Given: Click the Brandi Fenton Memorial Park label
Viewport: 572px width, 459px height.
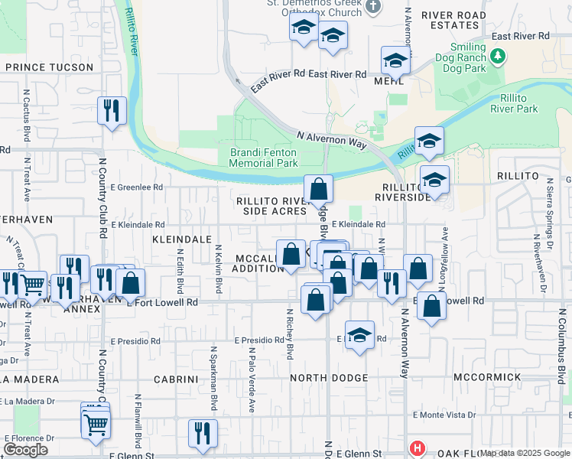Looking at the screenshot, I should (x=264, y=158).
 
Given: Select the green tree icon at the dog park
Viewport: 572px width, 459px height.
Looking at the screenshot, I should (x=498, y=56).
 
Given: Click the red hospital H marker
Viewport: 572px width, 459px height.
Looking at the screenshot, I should (x=417, y=448).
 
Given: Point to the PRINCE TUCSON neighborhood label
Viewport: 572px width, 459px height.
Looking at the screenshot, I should (x=49, y=67).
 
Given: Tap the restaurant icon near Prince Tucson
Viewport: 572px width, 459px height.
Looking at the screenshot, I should (x=112, y=111).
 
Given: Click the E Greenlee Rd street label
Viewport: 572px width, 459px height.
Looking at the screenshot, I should (x=137, y=187).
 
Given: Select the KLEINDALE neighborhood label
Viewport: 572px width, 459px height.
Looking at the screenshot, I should (x=182, y=239).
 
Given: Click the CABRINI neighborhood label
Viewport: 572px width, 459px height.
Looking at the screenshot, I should (x=177, y=379).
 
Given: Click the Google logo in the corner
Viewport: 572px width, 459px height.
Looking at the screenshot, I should (x=25, y=449).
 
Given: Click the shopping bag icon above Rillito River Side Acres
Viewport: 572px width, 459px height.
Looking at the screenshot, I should (x=318, y=188).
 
